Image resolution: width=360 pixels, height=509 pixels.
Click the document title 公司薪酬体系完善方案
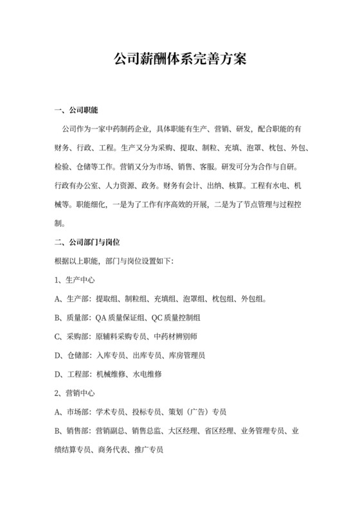pos(179,60)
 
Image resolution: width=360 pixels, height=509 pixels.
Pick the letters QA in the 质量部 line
pos(102,317)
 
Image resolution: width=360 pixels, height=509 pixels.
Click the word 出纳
pos(216,187)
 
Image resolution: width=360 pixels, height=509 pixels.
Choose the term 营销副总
pos(110,429)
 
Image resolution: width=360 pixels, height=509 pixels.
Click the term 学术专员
pos(110,411)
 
